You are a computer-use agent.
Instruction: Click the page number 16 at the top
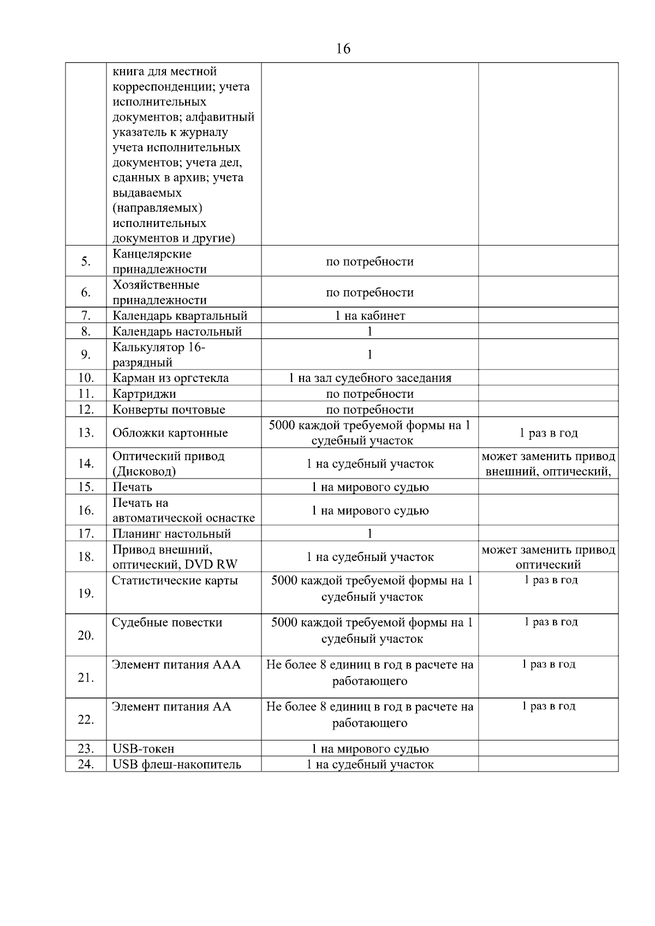[x=343, y=49]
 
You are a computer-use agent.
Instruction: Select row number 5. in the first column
[x=86, y=261]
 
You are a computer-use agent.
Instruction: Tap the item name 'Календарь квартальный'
[x=180, y=316]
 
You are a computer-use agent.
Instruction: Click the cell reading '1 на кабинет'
[x=370, y=316]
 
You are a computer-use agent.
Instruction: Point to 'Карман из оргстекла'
[x=170, y=378]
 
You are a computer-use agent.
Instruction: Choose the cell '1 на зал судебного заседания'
[x=370, y=378]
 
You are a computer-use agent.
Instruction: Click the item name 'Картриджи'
[x=144, y=394]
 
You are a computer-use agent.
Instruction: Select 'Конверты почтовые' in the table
[x=169, y=410]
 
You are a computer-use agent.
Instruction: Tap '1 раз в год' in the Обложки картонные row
[x=548, y=433]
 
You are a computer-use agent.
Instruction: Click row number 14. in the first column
[x=86, y=464]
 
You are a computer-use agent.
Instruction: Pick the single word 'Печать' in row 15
[x=132, y=487]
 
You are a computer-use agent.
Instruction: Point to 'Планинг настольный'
[x=171, y=534]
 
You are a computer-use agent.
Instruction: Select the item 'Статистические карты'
[x=175, y=581]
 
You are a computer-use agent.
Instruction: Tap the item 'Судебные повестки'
[x=167, y=623]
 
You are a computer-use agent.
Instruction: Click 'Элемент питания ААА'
[x=176, y=665]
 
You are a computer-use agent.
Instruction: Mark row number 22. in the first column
[x=86, y=720]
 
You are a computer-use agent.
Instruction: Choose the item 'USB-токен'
[x=143, y=749]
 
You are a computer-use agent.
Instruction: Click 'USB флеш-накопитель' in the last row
[x=176, y=764]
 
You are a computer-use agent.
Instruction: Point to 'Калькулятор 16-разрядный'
[x=158, y=355]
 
